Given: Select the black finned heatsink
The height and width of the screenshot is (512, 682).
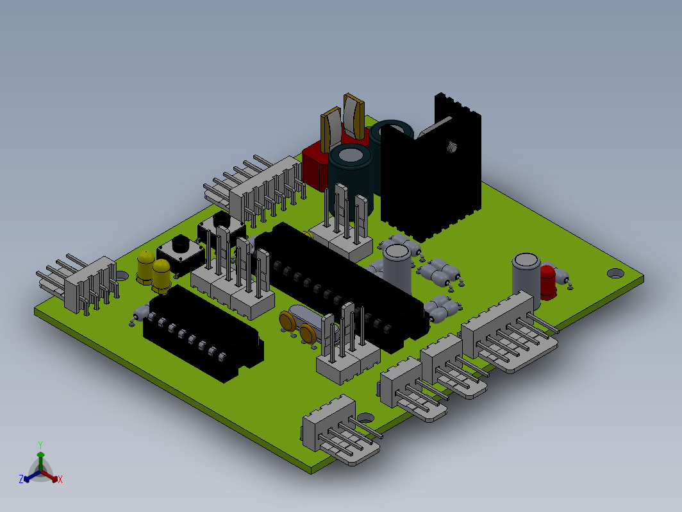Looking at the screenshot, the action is [x=431, y=170].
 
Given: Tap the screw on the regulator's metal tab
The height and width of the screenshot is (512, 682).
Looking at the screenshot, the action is [x=452, y=147].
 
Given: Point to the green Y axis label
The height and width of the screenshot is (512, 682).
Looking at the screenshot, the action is [x=40, y=445].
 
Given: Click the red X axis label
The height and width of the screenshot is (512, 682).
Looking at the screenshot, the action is [x=60, y=479].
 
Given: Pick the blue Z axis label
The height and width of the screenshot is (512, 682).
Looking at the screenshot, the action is [x=21, y=479].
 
